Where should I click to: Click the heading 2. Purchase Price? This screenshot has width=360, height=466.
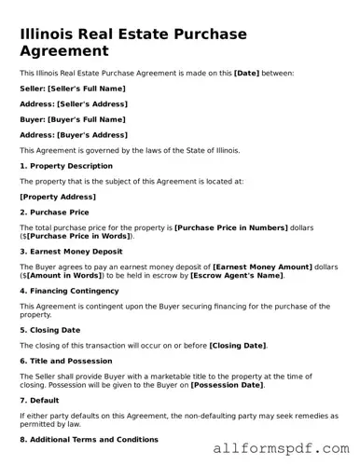[55, 212]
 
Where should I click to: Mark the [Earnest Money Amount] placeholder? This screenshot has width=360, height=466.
[264, 267]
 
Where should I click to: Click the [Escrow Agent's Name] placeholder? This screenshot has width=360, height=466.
[237, 276]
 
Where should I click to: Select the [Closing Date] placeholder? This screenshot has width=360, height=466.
[237, 346]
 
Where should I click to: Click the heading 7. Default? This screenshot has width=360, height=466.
[38, 401]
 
